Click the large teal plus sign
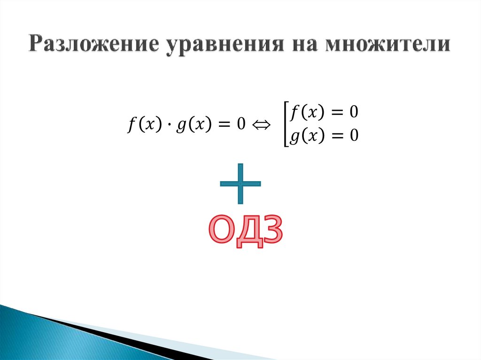[240, 184]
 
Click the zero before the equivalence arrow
[241, 125]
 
